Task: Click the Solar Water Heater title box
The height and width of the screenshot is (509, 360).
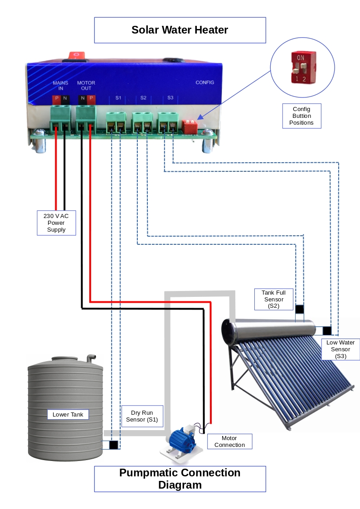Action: tap(180, 30)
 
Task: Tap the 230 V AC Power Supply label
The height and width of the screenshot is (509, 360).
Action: tap(56, 223)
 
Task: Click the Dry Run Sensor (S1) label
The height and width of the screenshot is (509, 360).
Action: tap(142, 416)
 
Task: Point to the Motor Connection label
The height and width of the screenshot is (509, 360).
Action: tap(229, 441)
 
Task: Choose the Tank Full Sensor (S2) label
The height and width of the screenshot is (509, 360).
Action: tap(273, 299)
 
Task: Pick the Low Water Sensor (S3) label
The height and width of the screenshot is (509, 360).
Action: tap(340, 349)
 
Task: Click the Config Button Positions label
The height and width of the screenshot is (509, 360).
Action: tap(302, 116)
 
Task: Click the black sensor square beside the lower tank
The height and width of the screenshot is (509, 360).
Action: tap(114, 445)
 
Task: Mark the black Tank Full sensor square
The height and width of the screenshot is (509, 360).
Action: tap(300, 309)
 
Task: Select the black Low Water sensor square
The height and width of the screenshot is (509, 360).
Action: tap(327, 330)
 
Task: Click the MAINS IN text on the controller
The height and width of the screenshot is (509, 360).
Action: tap(60, 86)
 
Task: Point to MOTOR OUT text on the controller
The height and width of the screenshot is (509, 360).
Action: tap(86, 86)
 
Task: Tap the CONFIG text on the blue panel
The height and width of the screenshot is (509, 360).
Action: tap(204, 82)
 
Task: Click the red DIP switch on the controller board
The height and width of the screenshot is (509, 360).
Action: tap(190, 125)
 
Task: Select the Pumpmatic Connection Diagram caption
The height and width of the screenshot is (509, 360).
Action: tap(180, 479)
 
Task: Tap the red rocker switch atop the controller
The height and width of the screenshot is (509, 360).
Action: tap(77, 55)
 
